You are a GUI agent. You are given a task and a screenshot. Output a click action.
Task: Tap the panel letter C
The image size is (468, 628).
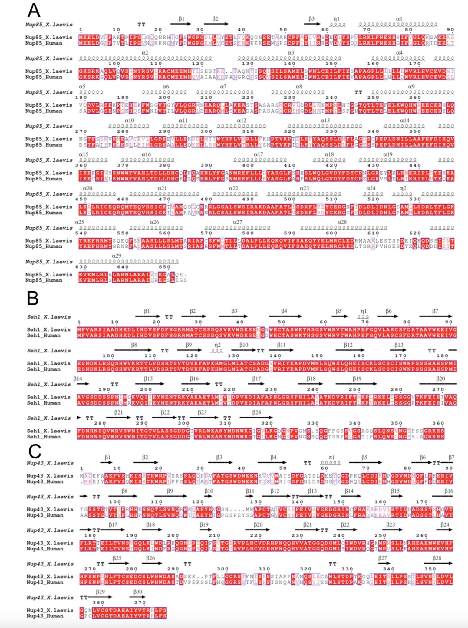click(35, 451)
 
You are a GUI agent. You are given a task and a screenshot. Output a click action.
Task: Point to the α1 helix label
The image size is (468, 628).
click(399, 19)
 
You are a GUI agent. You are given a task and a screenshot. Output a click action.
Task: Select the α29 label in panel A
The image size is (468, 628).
click(117, 256)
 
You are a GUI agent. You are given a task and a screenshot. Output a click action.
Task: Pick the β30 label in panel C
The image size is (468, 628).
click(138, 591)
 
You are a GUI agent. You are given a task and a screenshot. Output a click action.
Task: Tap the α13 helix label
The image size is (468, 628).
click(325, 121)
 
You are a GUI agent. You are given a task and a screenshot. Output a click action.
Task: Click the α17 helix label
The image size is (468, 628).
click(258, 154)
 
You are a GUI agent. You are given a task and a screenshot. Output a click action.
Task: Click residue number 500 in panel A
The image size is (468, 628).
click(290, 199)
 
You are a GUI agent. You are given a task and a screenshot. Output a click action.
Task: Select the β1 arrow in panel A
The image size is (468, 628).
click(181, 24)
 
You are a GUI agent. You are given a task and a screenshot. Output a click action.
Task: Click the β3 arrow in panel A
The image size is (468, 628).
click(312, 24)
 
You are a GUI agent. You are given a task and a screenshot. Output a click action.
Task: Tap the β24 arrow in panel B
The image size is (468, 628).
click(256, 418)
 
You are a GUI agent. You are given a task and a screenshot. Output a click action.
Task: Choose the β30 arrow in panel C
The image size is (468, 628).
click(138, 597)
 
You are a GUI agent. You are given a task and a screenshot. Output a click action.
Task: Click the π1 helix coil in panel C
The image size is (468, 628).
click(331, 463)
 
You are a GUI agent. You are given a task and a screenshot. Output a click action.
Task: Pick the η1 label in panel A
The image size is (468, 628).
click(337, 19)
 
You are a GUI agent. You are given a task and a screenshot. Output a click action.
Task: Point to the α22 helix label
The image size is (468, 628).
click(234, 188)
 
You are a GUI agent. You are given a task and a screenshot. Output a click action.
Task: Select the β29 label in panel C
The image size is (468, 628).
click(100, 591)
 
